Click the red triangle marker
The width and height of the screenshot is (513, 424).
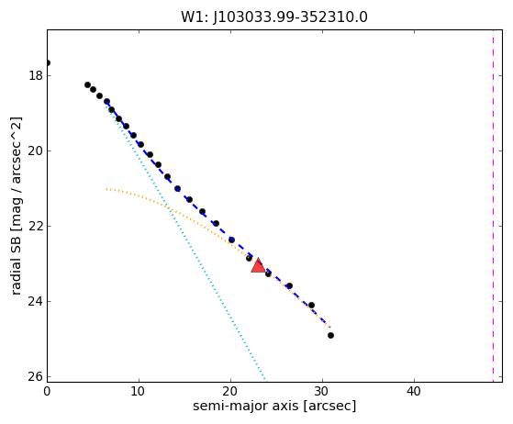pos(258,265)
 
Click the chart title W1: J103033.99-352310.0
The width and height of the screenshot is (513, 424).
pos(274,17)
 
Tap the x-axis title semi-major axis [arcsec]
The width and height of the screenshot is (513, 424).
pos(274,406)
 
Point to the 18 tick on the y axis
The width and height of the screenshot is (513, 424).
pos(36,76)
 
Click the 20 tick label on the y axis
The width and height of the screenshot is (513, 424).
pos(36,151)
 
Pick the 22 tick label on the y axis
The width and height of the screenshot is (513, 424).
pos(36,227)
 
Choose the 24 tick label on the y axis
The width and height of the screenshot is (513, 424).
pos(36,302)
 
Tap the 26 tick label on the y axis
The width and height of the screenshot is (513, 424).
pos(36,377)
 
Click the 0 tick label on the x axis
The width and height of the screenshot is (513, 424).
pos(47,391)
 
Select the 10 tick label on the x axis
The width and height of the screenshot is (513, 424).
pos(138,391)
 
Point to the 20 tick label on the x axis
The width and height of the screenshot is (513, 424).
pos(230,391)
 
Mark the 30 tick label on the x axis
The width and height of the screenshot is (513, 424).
pos(323,391)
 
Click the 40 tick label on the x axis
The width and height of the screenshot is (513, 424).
pos(414,391)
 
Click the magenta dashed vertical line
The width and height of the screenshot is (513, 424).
pos(493,206)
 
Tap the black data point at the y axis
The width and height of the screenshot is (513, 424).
pos(48,62)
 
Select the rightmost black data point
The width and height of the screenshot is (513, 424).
pos(330,335)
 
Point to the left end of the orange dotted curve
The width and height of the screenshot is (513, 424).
pos(106,189)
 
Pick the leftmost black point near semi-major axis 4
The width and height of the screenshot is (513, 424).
pos(88,85)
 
